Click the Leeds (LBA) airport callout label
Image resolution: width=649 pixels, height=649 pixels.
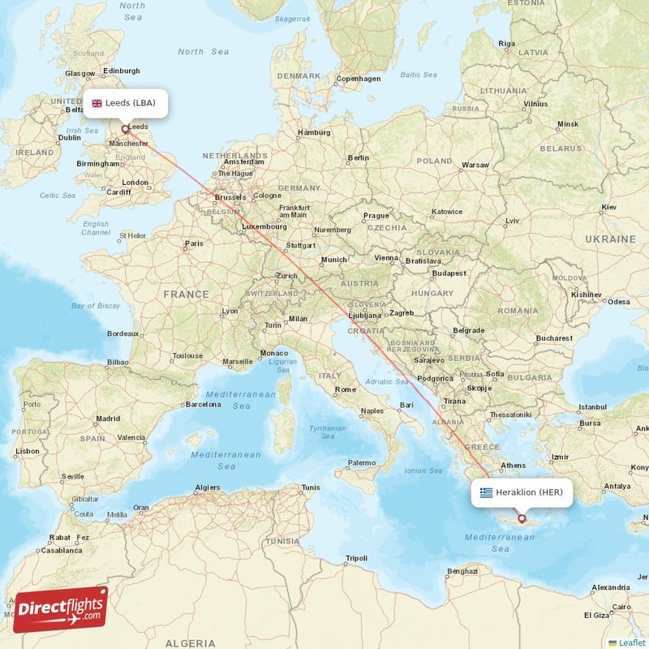click(x=125, y=103)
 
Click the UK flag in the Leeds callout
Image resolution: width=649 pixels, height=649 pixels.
click(x=97, y=103)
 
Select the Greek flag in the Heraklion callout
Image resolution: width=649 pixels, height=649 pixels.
click(x=486, y=492)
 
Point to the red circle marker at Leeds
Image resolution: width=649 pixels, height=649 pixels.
click(x=124, y=128)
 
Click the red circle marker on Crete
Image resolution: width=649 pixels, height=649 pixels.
click(x=522, y=518)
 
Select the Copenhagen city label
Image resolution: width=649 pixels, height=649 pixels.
click(x=358, y=79)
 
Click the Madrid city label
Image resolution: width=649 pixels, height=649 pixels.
click(x=108, y=419)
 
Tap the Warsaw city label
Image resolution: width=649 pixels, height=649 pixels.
click(x=475, y=165)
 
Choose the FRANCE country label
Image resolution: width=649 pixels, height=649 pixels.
click(x=186, y=294)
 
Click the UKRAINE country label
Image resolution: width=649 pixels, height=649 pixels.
click(x=611, y=239)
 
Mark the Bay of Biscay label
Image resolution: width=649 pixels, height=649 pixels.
click(x=96, y=306)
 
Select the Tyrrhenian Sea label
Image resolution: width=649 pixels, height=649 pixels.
click(x=327, y=432)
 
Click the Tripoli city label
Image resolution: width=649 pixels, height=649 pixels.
click(x=356, y=558)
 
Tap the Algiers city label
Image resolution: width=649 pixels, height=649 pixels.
click(x=208, y=488)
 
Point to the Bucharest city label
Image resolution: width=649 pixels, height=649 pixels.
click(x=554, y=337)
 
